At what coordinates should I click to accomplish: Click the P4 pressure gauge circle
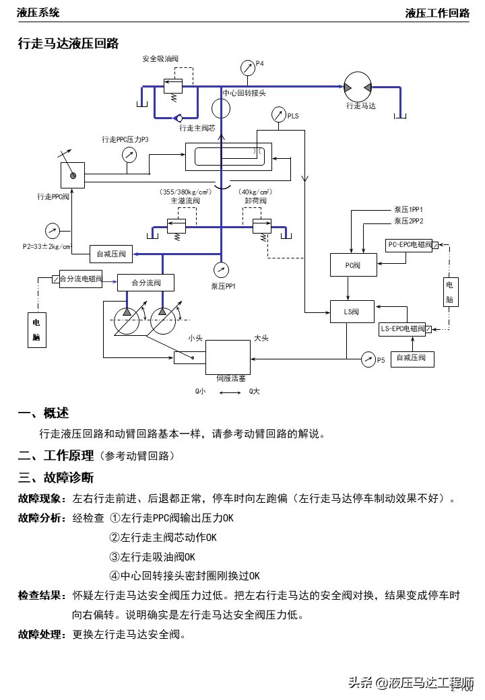[247, 67]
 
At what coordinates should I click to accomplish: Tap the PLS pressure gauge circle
[278, 116]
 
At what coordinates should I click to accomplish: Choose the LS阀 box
[349, 312]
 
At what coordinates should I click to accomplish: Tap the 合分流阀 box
[145, 283]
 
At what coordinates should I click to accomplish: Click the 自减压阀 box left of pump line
[108, 254]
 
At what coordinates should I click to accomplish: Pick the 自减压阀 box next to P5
[412, 359]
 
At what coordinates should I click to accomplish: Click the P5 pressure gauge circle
[368, 359]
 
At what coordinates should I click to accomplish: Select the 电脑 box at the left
[38, 329]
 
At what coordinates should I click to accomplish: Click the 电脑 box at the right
[450, 291]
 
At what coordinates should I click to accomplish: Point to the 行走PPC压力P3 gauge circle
[129, 155]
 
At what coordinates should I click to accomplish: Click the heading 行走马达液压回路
[68, 44]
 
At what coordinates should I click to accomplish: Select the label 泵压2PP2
[408, 220]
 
